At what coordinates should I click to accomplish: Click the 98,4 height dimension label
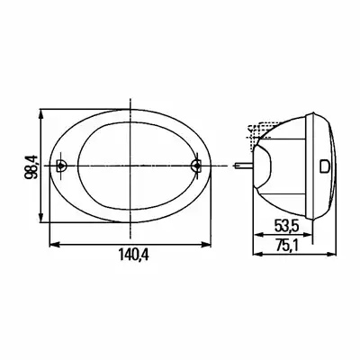[x=31, y=166]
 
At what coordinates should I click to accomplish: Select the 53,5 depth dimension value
[x=285, y=226]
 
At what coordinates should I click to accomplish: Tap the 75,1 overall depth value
[x=287, y=246]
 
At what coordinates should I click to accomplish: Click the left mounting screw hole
[x=61, y=166]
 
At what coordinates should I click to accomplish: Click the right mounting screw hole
[x=196, y=166]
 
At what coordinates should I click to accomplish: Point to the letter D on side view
[x=324, y=166]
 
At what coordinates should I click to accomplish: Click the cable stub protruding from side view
[x=243, y=166]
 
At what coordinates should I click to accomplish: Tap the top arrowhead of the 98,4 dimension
[x=41, y=113]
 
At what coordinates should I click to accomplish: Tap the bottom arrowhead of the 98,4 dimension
[x=41, y=218]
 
